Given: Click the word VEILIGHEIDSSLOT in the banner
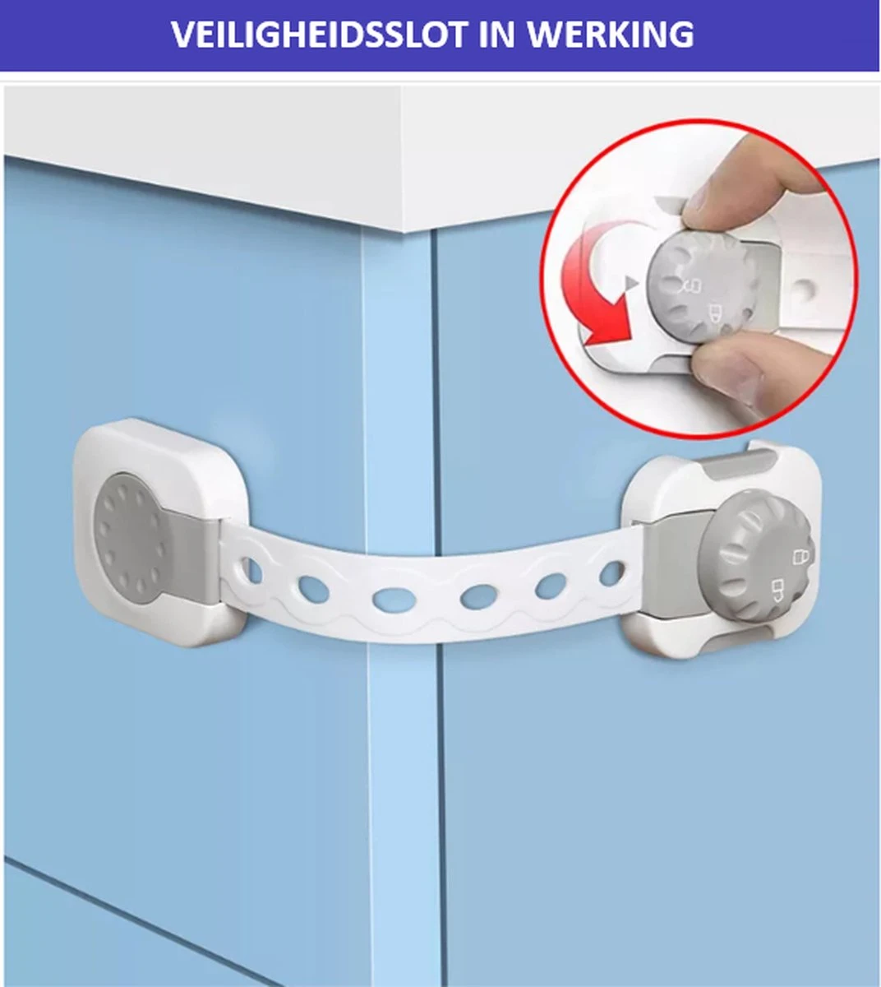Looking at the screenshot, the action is coord(319,34).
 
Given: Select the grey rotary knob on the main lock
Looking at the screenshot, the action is coord(756,564).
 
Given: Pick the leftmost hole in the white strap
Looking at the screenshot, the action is coord(248,567).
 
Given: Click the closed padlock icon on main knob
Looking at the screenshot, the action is coord(801,557).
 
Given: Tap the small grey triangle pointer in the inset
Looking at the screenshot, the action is coord(631,283).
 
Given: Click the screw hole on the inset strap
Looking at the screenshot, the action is coord(805,290).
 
